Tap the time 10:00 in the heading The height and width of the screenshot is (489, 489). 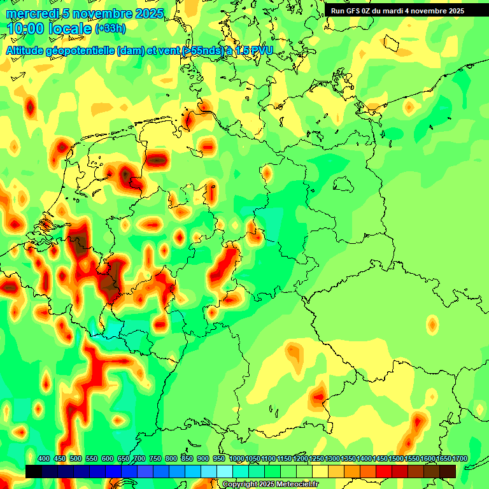pyautogui.click(x=27, y=29)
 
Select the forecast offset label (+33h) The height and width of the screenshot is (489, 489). pyautogui.click(x=110, y=29)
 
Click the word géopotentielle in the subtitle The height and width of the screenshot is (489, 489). pyautogui.click(x=83, y=50)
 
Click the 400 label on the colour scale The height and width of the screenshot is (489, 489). pyautogui.click(x=44, y=458)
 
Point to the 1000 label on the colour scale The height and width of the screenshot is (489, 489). pyautogui.click(x=236, y=458)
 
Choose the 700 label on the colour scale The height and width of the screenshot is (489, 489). pyautogui.click(x=139, y=458)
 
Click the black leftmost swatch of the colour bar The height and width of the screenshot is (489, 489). pyautogui.click(x=34, y=471)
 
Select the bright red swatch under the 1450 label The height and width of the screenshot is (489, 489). pyautogui.click(x=384, y=471)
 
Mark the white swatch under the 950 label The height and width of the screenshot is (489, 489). pyautogui.click(x=225, y=471)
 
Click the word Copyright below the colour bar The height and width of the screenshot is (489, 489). pyautogui.click(x=239, y=484)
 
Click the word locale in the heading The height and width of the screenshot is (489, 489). pyautogui.click(x=71, y=29)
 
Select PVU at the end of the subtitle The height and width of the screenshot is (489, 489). pyautogui.click(x=259, y=50)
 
